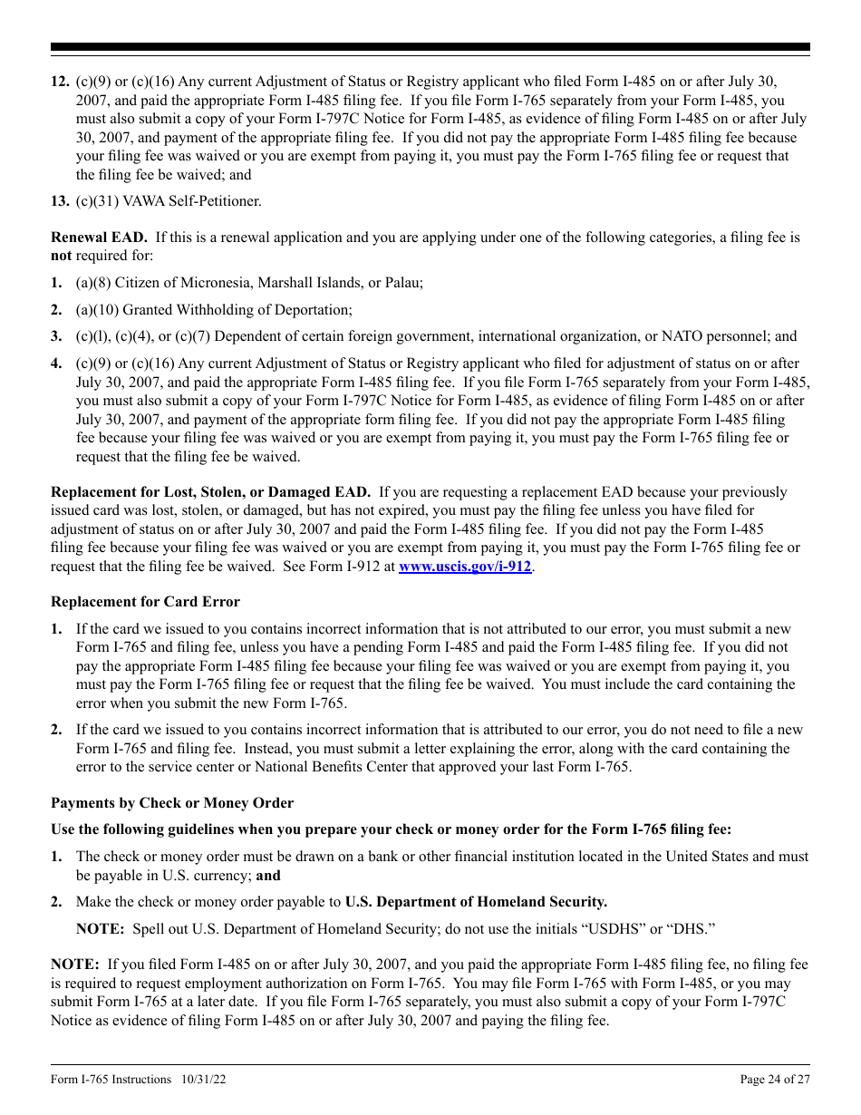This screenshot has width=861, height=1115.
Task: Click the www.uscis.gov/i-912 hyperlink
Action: tap(465, 567)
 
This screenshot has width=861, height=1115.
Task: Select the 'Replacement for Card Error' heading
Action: tap(145, 602)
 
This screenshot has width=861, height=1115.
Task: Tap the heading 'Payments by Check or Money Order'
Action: tap(172, 803)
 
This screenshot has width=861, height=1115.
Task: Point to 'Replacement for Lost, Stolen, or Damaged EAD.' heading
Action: tap(210, 492)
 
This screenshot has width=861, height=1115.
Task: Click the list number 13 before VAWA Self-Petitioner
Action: tap(59, 201)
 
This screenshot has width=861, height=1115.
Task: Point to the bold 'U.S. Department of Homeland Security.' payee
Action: tap(476, 902)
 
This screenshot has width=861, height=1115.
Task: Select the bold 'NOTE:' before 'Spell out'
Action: tap(100, 929)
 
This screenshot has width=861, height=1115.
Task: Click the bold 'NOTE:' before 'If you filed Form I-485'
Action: tap(74, 965)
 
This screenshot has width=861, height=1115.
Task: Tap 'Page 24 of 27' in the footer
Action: tap(775, 1080)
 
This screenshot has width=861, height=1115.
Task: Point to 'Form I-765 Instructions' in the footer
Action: tap(111, 1080)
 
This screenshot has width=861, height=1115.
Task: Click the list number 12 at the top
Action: tap(59, 82)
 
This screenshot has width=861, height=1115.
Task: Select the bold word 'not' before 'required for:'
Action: tap(61, 256)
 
